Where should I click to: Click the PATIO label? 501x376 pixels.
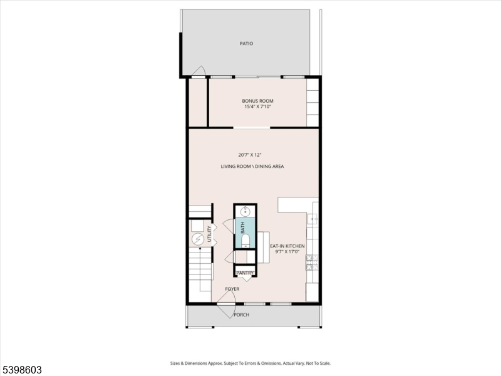[246, 44]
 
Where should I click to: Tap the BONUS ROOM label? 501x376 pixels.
[257, 101]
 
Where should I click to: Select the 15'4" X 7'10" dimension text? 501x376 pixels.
[257, 107]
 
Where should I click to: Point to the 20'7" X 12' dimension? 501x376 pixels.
[249, 154]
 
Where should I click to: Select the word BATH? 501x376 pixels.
[242, 227]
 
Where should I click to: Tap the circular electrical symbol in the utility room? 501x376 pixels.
[198, 239]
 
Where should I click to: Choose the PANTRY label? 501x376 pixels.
[245, 273]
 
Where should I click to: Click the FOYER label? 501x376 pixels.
[232, 289]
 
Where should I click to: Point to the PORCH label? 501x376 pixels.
[241, 315]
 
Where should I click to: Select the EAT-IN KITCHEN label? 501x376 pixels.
[287, 246]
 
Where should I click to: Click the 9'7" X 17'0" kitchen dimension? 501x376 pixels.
[287, 252]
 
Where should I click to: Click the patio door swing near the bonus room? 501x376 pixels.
[199, 71]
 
